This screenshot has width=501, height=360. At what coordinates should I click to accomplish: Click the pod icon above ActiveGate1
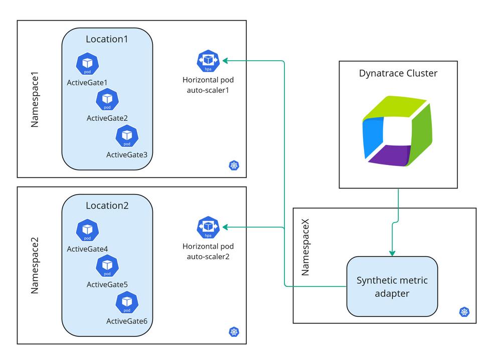click(87, 64)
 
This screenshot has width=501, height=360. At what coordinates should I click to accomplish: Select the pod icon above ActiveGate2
click(107, 99)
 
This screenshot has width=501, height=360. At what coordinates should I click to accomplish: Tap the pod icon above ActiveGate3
click(127, 135)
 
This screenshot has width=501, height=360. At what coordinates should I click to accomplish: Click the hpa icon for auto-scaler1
click(208, 61)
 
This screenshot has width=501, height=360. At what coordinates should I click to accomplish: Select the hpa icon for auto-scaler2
click(208, 227)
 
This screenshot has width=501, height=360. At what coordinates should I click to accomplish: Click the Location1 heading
click(107, 39)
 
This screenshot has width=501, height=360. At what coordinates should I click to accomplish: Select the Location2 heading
click(107, 206)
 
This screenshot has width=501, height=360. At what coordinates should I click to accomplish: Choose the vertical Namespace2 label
click(35, 266)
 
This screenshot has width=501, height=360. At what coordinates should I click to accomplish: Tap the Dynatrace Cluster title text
click(398, 73)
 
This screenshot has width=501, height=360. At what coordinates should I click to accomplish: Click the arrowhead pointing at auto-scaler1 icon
click(226, 61)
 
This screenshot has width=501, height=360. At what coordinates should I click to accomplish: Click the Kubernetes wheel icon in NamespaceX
click(464, 312)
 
